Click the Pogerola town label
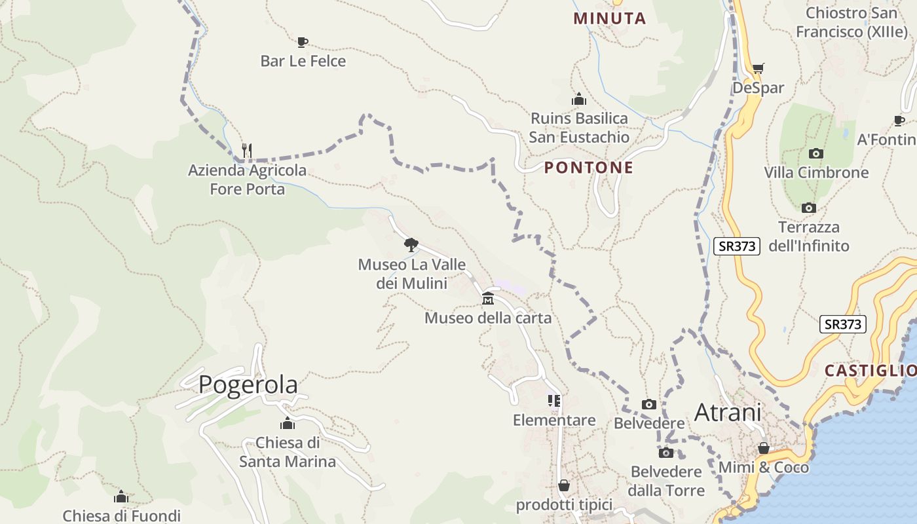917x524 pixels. coord(248,384)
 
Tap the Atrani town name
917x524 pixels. coord(728,413)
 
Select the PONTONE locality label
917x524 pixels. coord(589,168)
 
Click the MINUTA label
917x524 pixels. coord(610,18)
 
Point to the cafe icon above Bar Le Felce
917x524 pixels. coord(302,43)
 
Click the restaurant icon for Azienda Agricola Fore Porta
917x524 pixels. coord(247,151)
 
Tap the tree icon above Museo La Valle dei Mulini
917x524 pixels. coord(411,245)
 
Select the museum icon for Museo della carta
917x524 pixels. coord(488,299)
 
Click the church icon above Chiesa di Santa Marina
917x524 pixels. coord(287,423)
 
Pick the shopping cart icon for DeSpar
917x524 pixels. coord(758,68)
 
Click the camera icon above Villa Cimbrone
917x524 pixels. coord(816,153)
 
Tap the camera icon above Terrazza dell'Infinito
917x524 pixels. coord(809,208)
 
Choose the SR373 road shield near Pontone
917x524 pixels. coord(737,246)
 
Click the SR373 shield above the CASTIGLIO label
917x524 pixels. coord(843,324)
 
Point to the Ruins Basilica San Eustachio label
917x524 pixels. coord(579,128)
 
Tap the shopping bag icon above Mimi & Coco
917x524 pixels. coord(764,449)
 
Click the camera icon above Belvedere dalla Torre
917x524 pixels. coord(666,453)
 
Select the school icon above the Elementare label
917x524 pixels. coord(554,400)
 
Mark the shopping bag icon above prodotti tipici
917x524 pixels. coord(564,485)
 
